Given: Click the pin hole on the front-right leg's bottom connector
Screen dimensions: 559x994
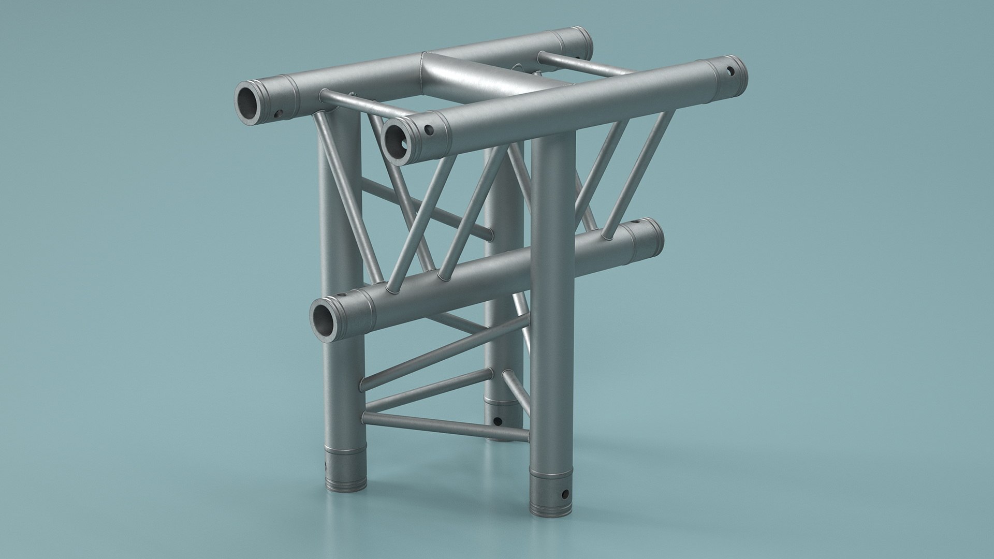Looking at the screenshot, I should click(x=565, y=493).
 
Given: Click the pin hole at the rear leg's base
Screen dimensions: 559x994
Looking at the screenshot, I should click(x=498, y=421).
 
